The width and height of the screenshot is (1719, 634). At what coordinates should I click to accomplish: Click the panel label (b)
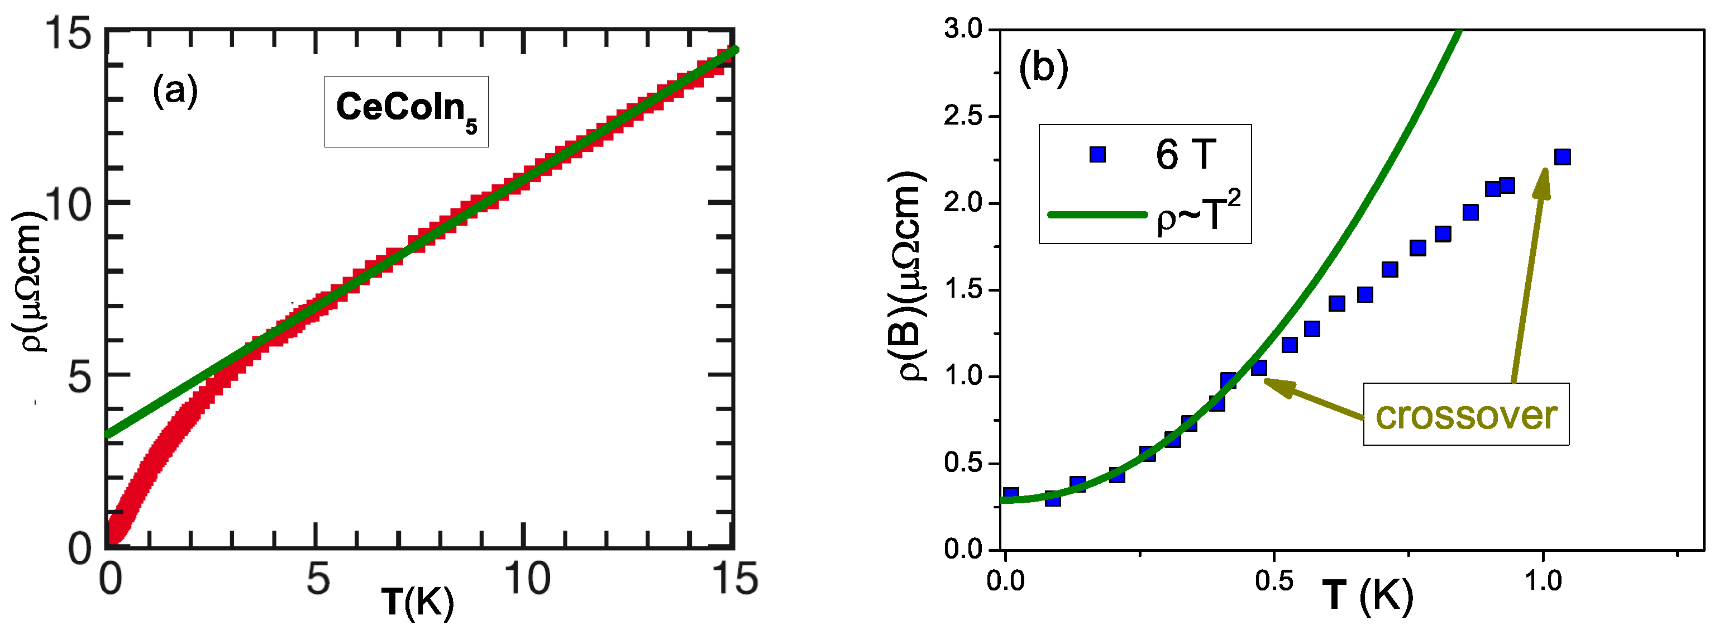pos(1043,68)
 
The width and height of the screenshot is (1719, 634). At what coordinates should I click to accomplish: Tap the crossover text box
pos(1465,414)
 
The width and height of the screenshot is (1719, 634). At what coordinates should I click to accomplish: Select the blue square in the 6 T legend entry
pos(1097,155)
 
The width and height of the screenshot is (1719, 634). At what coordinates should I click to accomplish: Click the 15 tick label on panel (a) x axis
pos(735,579)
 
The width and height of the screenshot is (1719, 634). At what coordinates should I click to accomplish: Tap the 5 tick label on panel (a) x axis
pos(318,579)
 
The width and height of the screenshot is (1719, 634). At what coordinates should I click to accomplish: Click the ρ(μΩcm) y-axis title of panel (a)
pos(28,280)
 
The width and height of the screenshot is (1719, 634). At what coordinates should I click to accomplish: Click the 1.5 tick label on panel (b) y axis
pos(963,290)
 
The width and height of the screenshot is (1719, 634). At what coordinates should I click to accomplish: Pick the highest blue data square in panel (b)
pos(1562,157)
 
